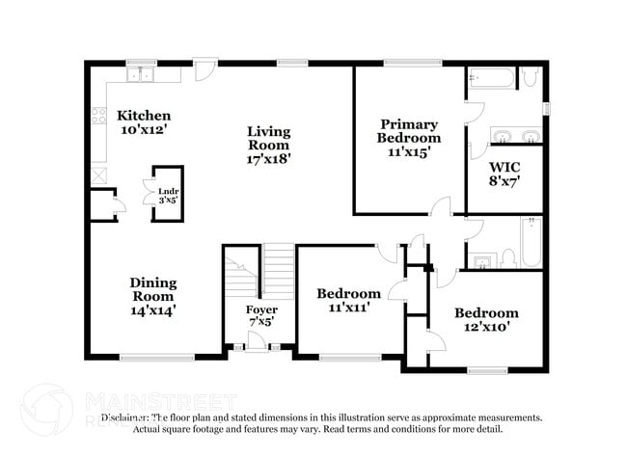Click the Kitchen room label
click(x=144, y=122)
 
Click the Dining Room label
click(x=153, y=296)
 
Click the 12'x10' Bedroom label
click(x=486, y=319)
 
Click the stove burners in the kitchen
click(x=97, y=117)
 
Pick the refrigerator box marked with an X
click(x=97, y=175)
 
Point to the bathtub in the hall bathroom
click(x=532, y=241)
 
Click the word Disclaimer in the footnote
click(x=126, y=417)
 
